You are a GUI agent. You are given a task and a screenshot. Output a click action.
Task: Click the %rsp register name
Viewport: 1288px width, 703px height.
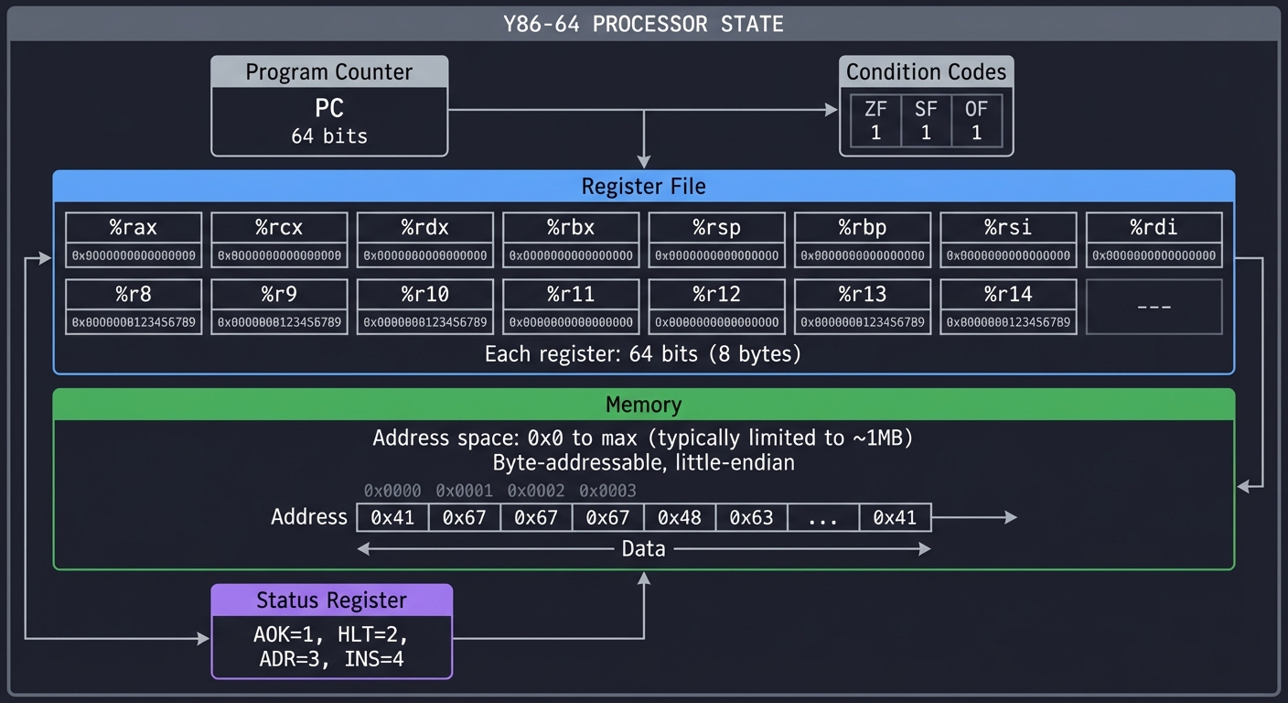tap(716, 227)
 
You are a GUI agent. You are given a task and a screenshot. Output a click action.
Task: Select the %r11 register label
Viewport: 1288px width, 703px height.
tap(571, 294)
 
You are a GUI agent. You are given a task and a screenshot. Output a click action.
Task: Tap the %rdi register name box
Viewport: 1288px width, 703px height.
tap(1154, 227)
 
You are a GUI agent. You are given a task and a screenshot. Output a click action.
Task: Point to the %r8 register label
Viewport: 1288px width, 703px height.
tap(134, 294)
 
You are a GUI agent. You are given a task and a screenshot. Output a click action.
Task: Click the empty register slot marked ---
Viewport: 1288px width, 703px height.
tap(1154, 307)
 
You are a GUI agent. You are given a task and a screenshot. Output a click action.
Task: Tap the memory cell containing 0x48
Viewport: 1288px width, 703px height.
tap(680, 517)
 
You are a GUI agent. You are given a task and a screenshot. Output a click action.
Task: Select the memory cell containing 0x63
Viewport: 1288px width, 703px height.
tap(751, 517)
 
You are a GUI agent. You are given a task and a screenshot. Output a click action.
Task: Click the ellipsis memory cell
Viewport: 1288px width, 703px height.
tap(823, 517)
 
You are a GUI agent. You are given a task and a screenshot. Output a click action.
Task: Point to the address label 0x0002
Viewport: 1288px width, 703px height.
tap(536, 491)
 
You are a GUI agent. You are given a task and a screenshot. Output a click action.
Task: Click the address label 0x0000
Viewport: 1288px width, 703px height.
tap(392, 491)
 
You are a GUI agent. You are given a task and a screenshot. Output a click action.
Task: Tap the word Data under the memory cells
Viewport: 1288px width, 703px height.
tap(643, 549)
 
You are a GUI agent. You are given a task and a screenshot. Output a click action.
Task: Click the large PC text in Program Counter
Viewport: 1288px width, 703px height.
tap(329, 108)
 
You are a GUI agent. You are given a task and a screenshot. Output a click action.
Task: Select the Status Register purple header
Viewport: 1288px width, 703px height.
tap(331, 600)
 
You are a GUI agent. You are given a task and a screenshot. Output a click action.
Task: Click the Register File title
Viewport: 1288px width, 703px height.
tap(643, 187)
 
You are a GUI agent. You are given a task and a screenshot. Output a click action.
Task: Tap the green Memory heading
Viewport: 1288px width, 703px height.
tap(643, 405)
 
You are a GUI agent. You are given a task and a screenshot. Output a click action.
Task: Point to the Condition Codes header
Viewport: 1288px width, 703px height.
tap(926, 72)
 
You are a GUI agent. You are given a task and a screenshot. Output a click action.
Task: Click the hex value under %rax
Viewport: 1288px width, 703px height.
tap(134, 255)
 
